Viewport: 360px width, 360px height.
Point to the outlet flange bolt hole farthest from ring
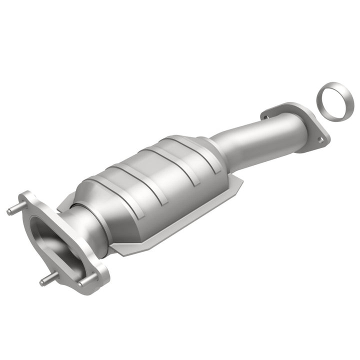[x=265, y=117]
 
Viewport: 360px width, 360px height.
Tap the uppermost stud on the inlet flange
[x=14, y=210]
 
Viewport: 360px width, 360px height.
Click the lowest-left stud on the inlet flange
[x=46, y=280]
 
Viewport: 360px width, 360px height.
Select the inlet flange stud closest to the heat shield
[x=83, y=282]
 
